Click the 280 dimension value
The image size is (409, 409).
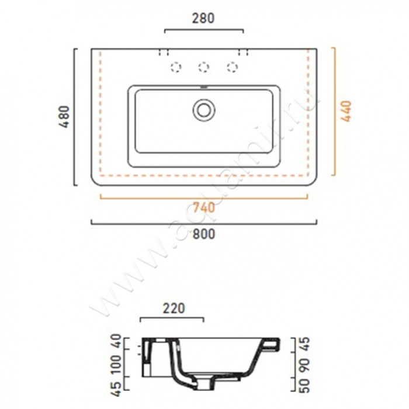(203, 18)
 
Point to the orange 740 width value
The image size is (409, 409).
(203, 207)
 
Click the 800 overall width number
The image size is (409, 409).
(203, 234)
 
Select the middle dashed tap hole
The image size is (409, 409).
(203, 67)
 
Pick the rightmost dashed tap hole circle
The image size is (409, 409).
(232, 67)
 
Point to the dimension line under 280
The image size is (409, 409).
(203, 29)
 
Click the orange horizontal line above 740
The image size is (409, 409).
(203, 198)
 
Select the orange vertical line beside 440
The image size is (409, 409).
(334, 111)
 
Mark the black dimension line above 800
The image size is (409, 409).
(203, 223)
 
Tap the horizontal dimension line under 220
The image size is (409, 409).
(172, 319)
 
